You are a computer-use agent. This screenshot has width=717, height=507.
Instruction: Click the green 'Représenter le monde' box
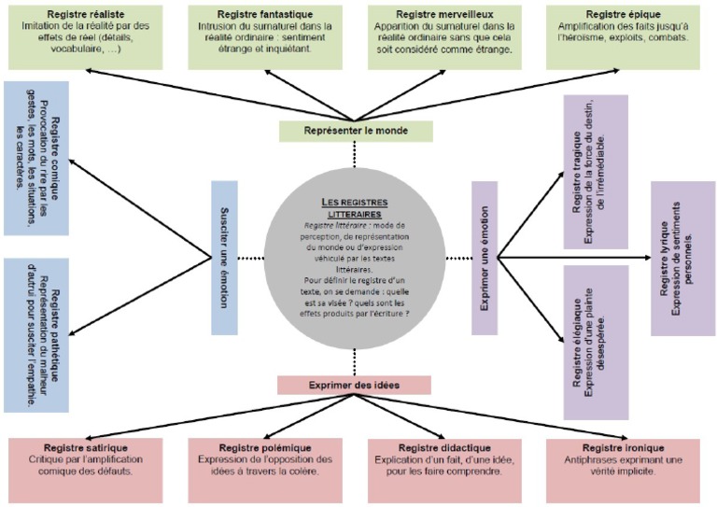coord(356,131)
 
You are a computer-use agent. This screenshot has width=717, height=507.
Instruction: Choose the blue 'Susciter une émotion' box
coord(224,257)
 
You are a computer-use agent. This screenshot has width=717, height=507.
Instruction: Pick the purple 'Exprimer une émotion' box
coord(485,258)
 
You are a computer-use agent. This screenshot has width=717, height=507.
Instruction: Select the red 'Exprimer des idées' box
coord(354,385)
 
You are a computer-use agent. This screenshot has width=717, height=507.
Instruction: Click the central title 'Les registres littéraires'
coord(355,207)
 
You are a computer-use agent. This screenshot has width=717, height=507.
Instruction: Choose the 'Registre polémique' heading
coord(259,447)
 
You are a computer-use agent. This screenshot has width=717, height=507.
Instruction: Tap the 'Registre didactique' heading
coord(439,447)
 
